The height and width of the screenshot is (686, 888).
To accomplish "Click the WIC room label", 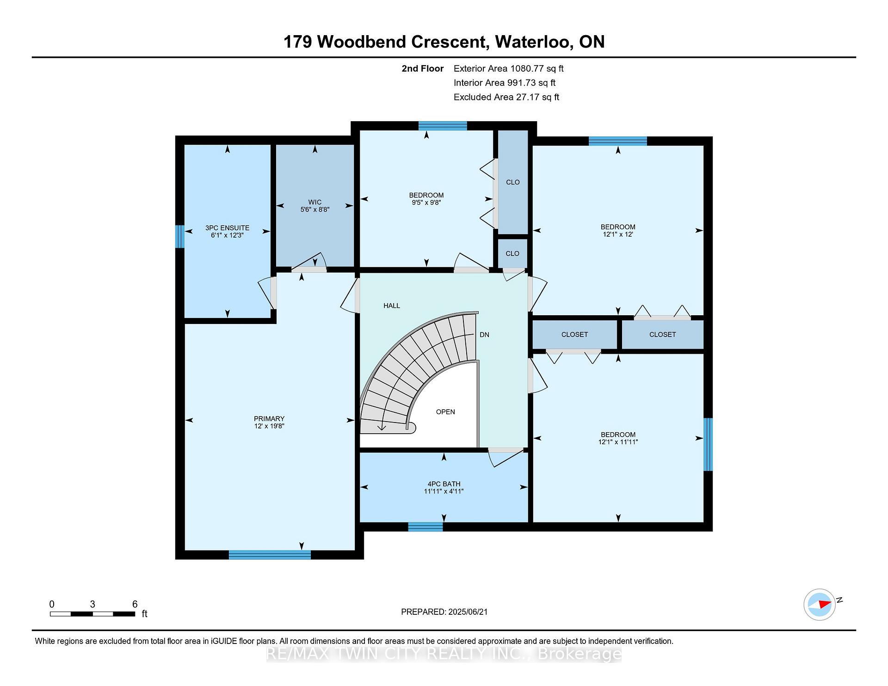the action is tap(315, 202).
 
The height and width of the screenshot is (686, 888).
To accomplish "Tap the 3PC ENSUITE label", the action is tap(228, 228).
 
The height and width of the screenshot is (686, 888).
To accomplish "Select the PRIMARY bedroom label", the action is tap(269, 419).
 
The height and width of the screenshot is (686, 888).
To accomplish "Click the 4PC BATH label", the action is tap(444, 484).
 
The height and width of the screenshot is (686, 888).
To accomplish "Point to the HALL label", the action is tap(392, 306).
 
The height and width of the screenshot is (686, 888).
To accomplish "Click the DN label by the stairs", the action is tap(484, 335).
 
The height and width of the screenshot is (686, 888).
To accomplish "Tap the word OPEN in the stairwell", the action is tap(445, 412).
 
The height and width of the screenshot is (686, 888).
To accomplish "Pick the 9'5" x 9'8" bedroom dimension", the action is tap(426, 202).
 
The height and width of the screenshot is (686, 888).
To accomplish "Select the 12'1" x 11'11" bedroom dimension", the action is tap(618, 442).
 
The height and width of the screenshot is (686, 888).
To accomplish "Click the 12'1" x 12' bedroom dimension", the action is tap(618, 234).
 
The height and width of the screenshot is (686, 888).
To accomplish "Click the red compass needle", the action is tap(825, 604).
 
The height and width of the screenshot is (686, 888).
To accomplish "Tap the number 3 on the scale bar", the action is tap(92, 604).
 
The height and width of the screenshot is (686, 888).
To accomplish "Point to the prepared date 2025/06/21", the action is tap(468, 612).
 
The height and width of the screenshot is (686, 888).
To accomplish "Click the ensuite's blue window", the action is tap(179, 236).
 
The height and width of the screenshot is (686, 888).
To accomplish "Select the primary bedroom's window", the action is tap(270, 555).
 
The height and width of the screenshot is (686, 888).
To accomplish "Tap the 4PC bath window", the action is tap(425, 527).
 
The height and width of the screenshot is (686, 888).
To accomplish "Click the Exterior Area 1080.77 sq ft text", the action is tap(508, 68).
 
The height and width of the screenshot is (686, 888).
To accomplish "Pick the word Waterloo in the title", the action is tap(532, 42).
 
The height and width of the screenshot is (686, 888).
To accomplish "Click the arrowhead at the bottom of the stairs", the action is tap(382, 427).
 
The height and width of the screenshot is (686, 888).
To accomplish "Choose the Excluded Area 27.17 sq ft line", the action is tap(506, 97).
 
